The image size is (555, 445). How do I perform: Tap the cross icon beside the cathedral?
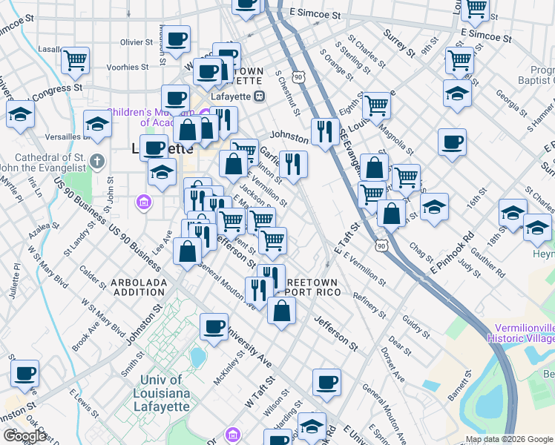click(96, 161)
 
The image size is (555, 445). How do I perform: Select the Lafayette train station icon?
click(260, 96)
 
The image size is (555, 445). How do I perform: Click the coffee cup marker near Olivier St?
click(177, 40)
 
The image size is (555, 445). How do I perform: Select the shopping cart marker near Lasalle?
click(76, 60)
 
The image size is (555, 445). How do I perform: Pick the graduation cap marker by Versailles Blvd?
click(97, 124)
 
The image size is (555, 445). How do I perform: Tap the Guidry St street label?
click(417, 326)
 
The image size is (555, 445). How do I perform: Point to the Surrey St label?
click(399, 44)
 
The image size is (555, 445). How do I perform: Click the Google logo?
click(24, 436)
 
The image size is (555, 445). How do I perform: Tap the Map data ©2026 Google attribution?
click(509, 439)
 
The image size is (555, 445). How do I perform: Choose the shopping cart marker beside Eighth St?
click(377, 105)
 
